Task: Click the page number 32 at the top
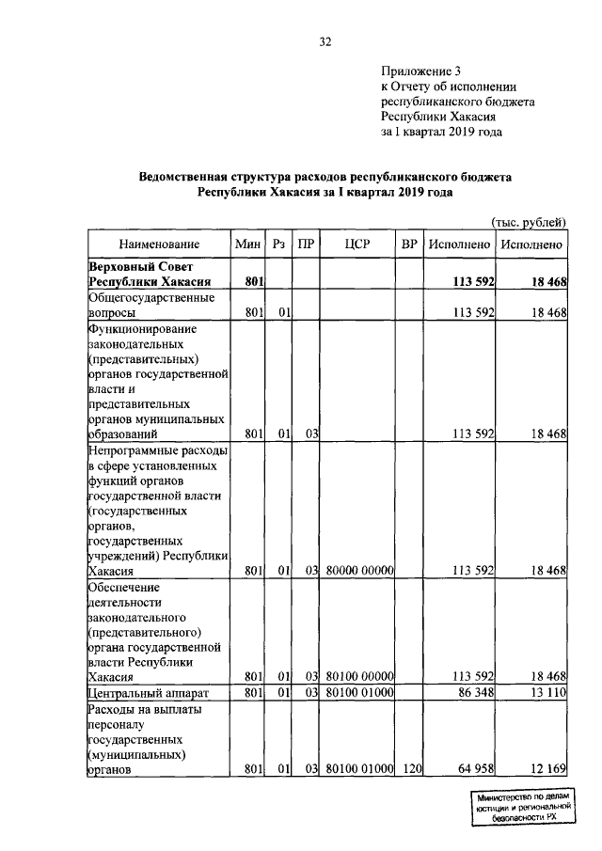pyautogui.click(x=325, y=41)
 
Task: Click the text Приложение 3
pyautogui.click(x=421, y=71)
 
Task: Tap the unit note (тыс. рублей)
pyautogui.click(x=530, y=222)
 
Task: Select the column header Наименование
pyautogui.click(x=159, y=244)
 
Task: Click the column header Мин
pyautogui.click(x=248, y=244)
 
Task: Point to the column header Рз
pyautogui.click(x=278, y=244)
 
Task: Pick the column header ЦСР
pyautogui.click(x=356, y=244)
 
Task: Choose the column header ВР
pyautogui.click(x=408, y=244)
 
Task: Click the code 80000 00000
pyautogui.click(x=358, y=570)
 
